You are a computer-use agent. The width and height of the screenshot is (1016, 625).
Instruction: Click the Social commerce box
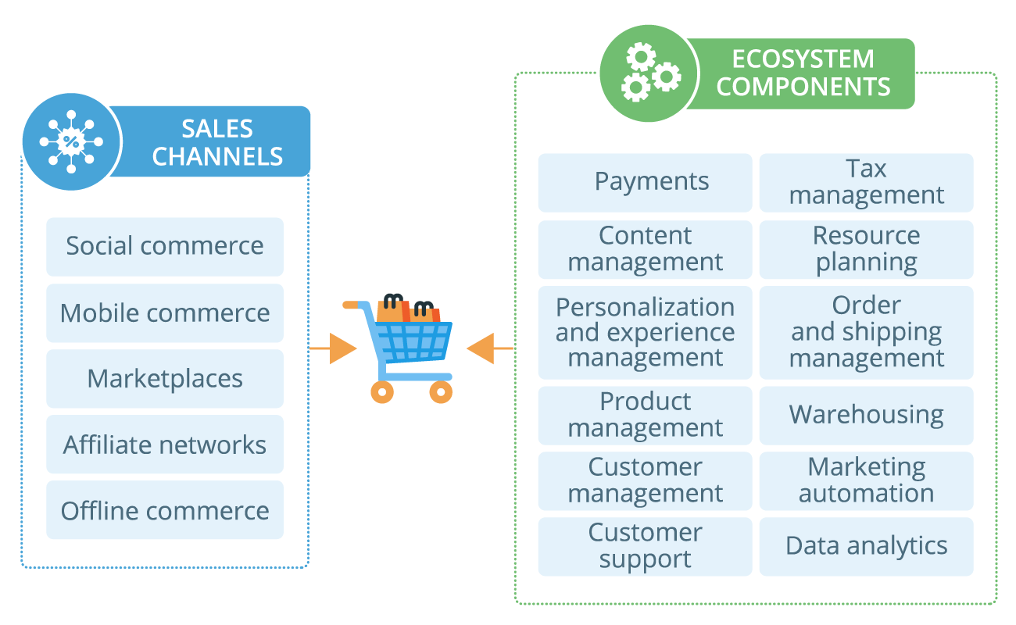click(x=165, y=246)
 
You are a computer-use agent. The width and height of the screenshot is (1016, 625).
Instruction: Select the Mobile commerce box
click(x=165, y=313)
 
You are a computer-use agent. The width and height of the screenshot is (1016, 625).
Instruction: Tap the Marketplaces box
click(x=165, y=379)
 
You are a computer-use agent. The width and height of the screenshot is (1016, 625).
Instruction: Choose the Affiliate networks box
click(x=165, y=445)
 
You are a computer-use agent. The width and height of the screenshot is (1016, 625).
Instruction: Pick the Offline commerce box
click(x=165, y=511)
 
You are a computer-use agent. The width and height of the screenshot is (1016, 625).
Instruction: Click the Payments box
click(x=645, y=182)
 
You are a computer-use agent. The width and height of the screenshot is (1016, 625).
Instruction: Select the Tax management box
click(x=866, y=182)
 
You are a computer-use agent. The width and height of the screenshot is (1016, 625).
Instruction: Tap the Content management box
click(x=645, y=249)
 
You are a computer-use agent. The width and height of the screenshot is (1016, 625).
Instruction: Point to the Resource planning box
click(x=866, y=249)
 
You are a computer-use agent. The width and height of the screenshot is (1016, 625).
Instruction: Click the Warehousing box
click(x=866, y=415)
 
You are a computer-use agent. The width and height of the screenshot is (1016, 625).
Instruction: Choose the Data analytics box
click(x=866, y=546)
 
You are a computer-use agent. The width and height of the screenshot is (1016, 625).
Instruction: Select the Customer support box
click(x=645, y=546)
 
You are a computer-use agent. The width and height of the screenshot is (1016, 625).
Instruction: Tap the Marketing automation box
click(x=866, y=480)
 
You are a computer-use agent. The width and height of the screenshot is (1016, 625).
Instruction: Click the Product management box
click(x=645, y=415)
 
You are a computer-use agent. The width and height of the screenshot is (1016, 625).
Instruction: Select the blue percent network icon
click(x=71, y=141)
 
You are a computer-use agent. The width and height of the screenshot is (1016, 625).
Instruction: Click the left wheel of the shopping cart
click(x=381, y=391)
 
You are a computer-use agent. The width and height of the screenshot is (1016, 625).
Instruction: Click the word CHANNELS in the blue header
click(x=217, y=156)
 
